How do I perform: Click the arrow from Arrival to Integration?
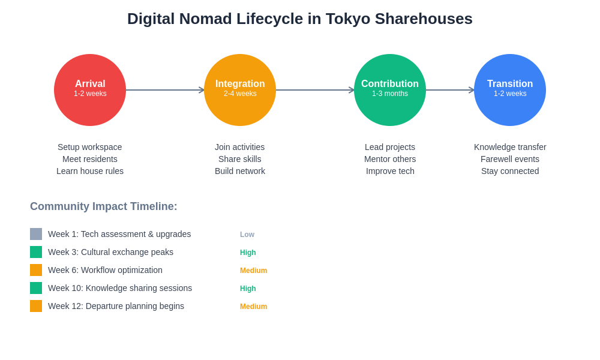165,90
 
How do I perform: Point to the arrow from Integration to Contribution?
315,90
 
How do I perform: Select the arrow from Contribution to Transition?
450,90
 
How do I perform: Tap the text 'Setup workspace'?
90,147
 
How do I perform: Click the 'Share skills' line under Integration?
240,159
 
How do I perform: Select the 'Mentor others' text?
390,159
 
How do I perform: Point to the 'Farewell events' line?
510,159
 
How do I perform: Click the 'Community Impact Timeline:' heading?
104,206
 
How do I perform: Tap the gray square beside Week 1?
36,234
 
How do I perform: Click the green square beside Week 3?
36,252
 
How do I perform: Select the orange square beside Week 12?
36,306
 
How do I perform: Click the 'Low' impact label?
247,235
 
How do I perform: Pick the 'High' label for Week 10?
248,289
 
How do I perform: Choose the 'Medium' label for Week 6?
253,271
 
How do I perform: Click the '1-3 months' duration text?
390,94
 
